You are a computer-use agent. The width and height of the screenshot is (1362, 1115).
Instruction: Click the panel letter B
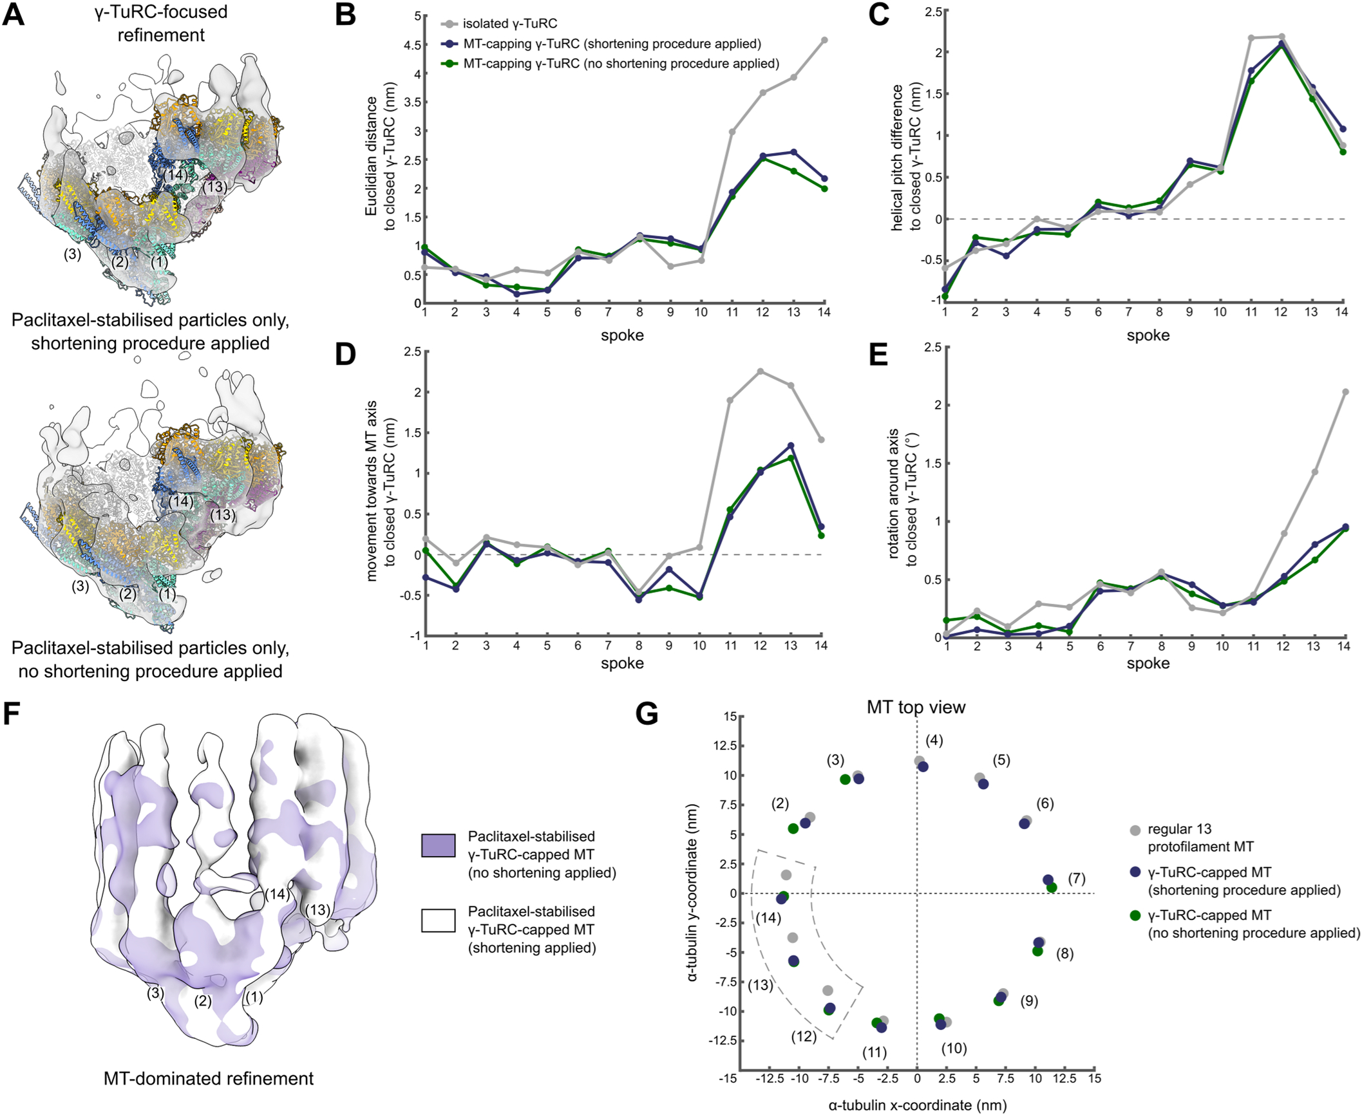coord(346,14)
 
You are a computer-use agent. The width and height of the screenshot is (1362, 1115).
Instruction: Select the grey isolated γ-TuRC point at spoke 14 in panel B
coord(824,40)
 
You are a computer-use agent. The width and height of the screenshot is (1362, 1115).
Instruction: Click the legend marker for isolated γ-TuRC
coord(448,24)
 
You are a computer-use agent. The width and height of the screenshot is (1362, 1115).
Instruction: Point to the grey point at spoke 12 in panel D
coord(761,371)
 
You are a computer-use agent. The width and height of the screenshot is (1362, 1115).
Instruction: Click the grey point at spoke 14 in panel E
coord(1345,392)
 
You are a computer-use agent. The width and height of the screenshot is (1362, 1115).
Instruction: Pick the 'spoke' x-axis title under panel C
coord(1148,335)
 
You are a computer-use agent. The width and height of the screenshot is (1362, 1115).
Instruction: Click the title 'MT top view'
coord(916,707)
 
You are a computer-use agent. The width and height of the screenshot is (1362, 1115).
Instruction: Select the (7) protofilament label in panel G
coord(1077,879)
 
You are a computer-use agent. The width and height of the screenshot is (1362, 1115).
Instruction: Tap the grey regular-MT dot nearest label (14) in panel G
coord(786,875)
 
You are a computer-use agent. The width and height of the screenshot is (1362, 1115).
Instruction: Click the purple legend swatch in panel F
coord(439,845)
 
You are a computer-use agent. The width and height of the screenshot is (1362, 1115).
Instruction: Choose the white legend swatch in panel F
coord(439,921)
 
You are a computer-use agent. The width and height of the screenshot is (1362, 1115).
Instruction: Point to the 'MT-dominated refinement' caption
coord(209,1079)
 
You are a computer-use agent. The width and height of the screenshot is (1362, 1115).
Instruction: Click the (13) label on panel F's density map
coord(317,910)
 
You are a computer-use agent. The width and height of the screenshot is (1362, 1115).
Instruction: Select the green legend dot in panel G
coord(1135,915)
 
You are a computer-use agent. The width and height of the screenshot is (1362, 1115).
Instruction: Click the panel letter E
coord(879,355)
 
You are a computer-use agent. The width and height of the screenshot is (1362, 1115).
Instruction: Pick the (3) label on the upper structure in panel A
coord(72,254)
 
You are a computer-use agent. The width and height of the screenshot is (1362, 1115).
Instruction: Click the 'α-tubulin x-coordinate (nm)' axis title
coord(917,1105)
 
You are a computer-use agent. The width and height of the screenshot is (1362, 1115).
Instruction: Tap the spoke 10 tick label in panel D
coord(699,646)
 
